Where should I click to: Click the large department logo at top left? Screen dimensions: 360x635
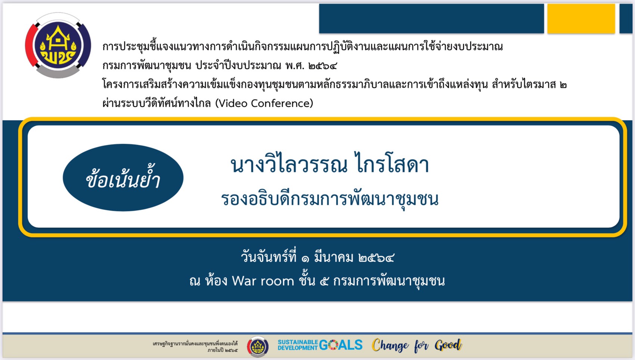point(58,46)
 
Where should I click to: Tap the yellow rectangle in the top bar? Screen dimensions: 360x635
point(581,19)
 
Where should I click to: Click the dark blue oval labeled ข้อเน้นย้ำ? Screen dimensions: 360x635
point(123,178)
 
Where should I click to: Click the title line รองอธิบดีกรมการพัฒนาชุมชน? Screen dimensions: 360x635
point(329,199)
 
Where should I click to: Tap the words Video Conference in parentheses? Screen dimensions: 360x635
point(264,103)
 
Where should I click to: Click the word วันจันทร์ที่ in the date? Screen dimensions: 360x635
point(269,257)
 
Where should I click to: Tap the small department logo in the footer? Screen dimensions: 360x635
point(258,346)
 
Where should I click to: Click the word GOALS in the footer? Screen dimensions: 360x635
point(341,345)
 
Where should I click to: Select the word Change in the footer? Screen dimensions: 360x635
point(390,345)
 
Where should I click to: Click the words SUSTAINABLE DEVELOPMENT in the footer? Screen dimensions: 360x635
point(298,345)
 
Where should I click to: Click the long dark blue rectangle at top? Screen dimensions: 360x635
point(431,19)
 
